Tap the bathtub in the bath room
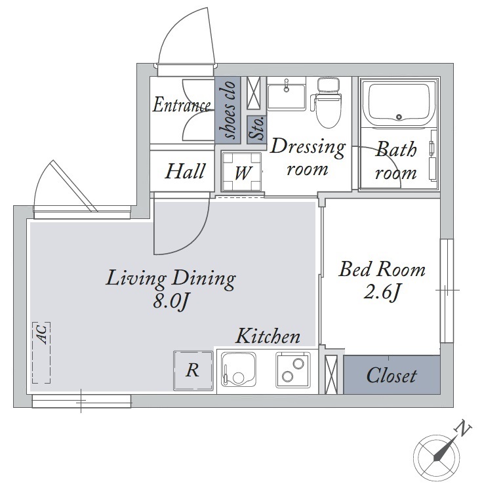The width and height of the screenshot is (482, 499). pyautogui.click(x=399, y=104)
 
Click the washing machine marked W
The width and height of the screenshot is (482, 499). pyautogui.click(x=242, y=172)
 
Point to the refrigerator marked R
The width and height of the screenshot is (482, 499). pyautogui.click(x=193, y=370)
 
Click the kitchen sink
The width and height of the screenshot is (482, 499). pyautogui.click(x=239, y=370)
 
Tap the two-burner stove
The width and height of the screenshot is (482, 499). pyautogui.click(x=293, y=370)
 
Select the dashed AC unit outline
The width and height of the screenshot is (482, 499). pyautogui.click(x=41, y=353)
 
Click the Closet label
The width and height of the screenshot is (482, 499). pyautogui.click(x=392, y=376)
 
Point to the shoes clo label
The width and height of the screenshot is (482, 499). pyautogui.click(x=228, y=110)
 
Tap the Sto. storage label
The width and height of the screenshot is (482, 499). pyautogui.click(x=256, y=128)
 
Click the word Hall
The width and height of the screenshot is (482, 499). pyautogui.click(x=185, y=171)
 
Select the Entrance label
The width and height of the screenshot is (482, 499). pyautogui.click(x=182, y=105)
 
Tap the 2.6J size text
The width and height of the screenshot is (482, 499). pyautogui.click(x=382, y=292)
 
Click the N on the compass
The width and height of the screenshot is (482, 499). pyautogui.click(x=464, y=429)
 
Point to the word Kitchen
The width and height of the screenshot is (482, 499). pyautogui.click(x=268, y=336)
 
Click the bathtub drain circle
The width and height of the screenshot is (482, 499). pyautogui.click(x=399, y=117)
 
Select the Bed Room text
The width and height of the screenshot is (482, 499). pyautogui.click(x=382, y=269)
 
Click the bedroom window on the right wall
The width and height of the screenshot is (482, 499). pyautogui.click(x=447, y=290)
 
